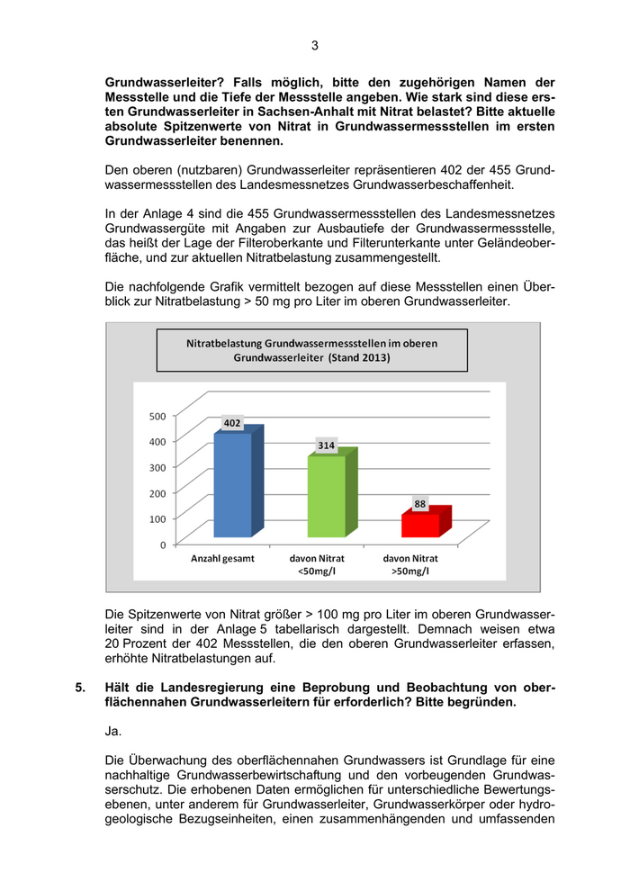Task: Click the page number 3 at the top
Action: point(315,45)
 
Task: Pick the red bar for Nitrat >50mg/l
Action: point(420,524)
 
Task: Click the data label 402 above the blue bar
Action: point(232,422)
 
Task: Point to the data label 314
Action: point(326,445)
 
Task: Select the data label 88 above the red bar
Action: point(420,503)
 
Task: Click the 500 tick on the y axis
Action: point(157,416)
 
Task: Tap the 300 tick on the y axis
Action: point(157,467)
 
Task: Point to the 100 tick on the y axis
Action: point(157,519)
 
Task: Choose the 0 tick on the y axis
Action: point(162,545)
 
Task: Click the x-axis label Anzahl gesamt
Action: point(222,558)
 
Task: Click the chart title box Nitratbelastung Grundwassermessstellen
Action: point(312,350)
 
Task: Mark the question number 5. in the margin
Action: point(81,688)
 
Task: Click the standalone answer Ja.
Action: point(113,732)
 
